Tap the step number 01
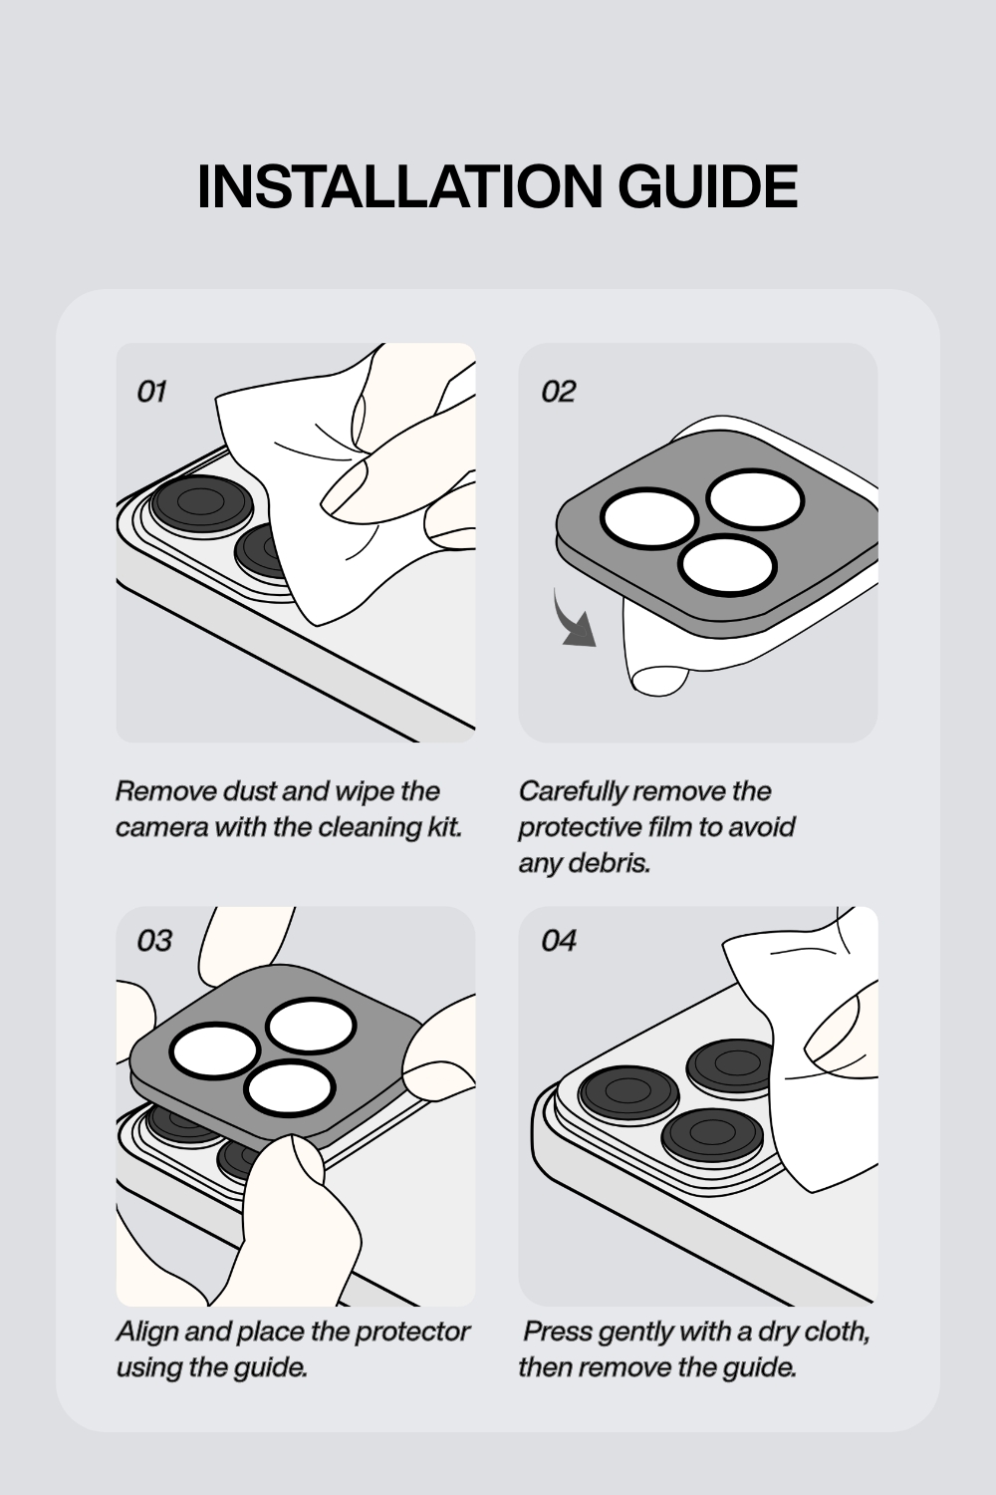tap(151, 392)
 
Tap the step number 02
tap(558, 392)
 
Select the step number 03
tap(154, 941)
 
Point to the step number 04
tap(559, 941)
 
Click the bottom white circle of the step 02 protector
tap(728, 565)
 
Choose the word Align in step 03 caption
tap(147, 1332)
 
